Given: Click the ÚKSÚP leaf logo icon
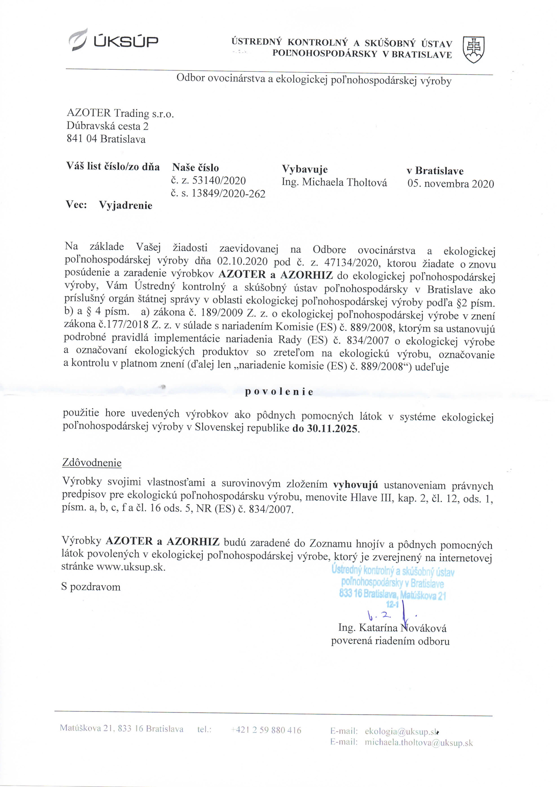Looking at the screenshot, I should tap(78, 40).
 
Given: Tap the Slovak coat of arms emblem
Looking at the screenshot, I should tap(473, 49).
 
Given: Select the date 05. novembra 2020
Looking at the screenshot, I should tap(450, 184).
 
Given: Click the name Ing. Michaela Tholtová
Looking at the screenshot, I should tap(334, 183).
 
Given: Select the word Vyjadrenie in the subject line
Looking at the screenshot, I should tap(125, 205).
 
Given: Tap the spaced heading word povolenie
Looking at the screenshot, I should tap(279, 392).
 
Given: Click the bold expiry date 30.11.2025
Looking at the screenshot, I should tap(332, 429).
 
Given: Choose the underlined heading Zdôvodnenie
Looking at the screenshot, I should tap(92, 463).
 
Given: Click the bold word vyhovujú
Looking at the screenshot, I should tap(355, 485).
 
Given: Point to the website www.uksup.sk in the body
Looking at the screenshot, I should tap(130, 567).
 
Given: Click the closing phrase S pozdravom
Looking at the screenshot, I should tap(91, 587).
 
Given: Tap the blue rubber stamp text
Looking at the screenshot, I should tap(392, 583).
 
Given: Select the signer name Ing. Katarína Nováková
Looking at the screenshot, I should tap(392, 628).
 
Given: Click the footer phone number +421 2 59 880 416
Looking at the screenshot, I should tap(266, 730).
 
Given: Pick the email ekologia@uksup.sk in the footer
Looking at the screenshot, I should tap(401, 732).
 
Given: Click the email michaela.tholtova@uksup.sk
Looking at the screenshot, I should tap(418, 743).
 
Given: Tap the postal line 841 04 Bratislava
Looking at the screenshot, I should tap(106, 139).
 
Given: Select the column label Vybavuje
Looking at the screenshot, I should tap(304, 169).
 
